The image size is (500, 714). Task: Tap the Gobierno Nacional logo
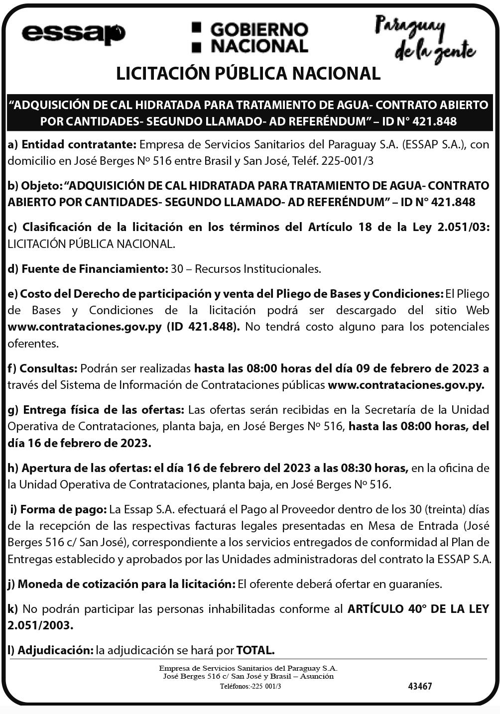(250, 37)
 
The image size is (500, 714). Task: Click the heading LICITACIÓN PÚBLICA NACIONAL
(248, 74)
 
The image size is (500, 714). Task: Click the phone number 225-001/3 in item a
(347, 161)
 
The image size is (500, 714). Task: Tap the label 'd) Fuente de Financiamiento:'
(87, 269)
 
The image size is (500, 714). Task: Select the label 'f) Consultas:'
(42, 368)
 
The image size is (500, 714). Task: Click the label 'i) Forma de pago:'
(58, 509)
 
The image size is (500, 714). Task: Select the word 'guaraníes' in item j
(416, 584)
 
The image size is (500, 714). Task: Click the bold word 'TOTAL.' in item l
(255, 650)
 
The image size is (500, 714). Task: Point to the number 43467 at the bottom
(420, 686)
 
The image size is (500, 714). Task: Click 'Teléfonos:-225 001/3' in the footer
(250, 686)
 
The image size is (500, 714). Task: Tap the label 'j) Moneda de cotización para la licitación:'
(121, 584)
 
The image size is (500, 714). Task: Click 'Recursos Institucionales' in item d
(257, 269)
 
